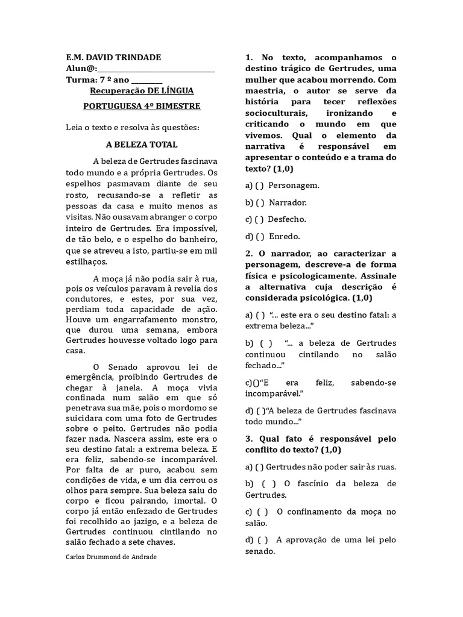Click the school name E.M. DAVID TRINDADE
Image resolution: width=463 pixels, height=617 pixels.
[x=113, y=57]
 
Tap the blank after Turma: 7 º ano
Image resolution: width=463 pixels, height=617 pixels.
[x=146, y=80]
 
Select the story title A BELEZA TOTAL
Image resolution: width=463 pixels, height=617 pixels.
[x=142, y=145]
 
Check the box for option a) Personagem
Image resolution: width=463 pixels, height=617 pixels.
[x=260, y=186]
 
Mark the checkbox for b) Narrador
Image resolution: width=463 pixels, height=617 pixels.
[x=260, y=202]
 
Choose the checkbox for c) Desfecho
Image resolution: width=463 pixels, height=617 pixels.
[x=260, y=219]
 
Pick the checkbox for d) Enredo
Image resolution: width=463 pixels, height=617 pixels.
[x=260, y=237]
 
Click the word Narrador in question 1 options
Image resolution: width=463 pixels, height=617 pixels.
[x=288, y=202]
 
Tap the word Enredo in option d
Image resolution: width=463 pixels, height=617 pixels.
[x=284, y=237]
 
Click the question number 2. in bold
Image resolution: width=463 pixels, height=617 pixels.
[x=249, y=253]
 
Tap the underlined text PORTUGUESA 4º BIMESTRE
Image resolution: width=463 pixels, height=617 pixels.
[x=142, y=106]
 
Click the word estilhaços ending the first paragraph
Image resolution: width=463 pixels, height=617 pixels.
[x=87, y=262]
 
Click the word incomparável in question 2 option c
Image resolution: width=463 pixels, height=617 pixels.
[x=274, y=393]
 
